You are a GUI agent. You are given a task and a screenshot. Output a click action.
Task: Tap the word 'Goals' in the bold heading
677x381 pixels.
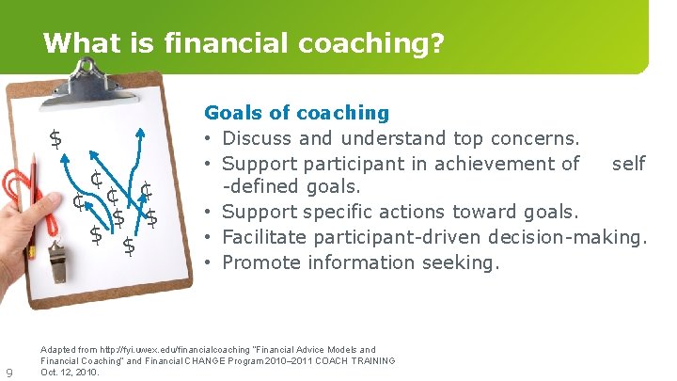(232, 114)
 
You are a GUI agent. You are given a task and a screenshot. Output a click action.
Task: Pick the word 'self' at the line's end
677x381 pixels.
(628, 164)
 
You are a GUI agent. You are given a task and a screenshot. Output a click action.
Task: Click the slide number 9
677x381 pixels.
(9, 373)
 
